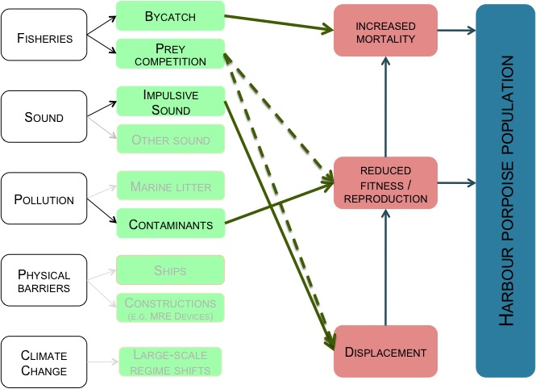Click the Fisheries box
(x=44, y=36)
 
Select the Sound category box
(x=44, y=118)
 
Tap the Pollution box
(x=44, y=199)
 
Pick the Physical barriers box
(x=44, y=281)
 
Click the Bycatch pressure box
(x=169, y=16)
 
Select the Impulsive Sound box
(x=169, y=102)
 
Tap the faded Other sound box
(x=169, y=140)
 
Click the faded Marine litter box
(x=169, y=187)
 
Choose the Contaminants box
(x=169, y=224)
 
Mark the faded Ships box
(x=169, y=270)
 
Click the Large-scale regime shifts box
(x=169, y=361)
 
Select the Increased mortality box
(x=385, y=31)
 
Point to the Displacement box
(x=385, y=352)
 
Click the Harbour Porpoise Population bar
(x=505, y=190)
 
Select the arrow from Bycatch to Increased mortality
(x=278, y=23)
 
